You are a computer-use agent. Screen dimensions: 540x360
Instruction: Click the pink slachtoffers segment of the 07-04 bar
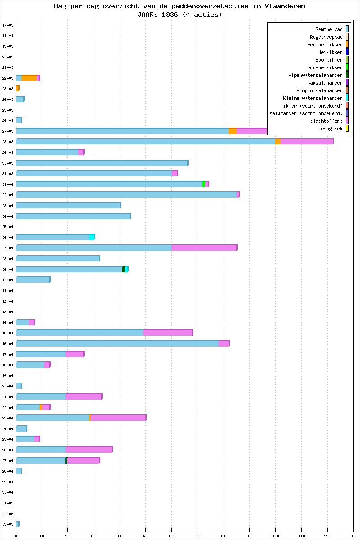pyautogui.click(x=204, y=247)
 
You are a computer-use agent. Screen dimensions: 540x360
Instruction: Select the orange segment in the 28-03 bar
pyautogui.click(x=278, y=142)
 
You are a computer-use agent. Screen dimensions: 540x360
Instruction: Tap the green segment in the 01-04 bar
pyautogui.click(x=204, y=184)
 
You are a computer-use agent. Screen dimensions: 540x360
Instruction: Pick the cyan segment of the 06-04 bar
pyautogui.click(x=91, y=237)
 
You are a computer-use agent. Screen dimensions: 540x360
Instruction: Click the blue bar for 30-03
pyautogui.click(x=102, y=163)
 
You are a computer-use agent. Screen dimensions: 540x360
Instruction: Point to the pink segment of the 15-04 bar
pyautogui.click(x=168, y=333)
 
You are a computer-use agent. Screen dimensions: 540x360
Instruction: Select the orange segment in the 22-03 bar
pyautogui.click(x=29, y=78)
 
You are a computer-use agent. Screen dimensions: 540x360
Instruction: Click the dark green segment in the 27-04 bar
pyautogui.click(x=67, y=460)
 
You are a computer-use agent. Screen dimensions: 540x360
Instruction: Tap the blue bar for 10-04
pyautogui.click(x=33, y=279)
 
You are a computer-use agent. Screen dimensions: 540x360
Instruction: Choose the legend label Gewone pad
pyautogui.click(x=329, y=29)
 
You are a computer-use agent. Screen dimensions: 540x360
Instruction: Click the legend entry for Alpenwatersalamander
pyautogui.click(x=315, y=75)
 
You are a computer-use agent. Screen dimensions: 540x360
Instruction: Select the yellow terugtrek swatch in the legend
pyautogui.click(x=347, y=129)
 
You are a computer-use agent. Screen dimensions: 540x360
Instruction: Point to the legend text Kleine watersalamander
pyautogui.click(x=313, y=98)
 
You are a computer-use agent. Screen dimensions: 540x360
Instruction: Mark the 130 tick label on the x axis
pyautogui.click(x=353, y=535)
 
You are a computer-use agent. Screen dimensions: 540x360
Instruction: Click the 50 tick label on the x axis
pyautogui.click(x=145, y=535)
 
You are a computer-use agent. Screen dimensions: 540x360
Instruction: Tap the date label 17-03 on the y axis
pyautogui.click(x=7, y=25)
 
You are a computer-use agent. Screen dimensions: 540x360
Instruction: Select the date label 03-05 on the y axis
pyautogui.click(x=7, y=524)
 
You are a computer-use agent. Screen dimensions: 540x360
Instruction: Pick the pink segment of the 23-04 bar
pyautogui.click(x=118, y=418)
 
